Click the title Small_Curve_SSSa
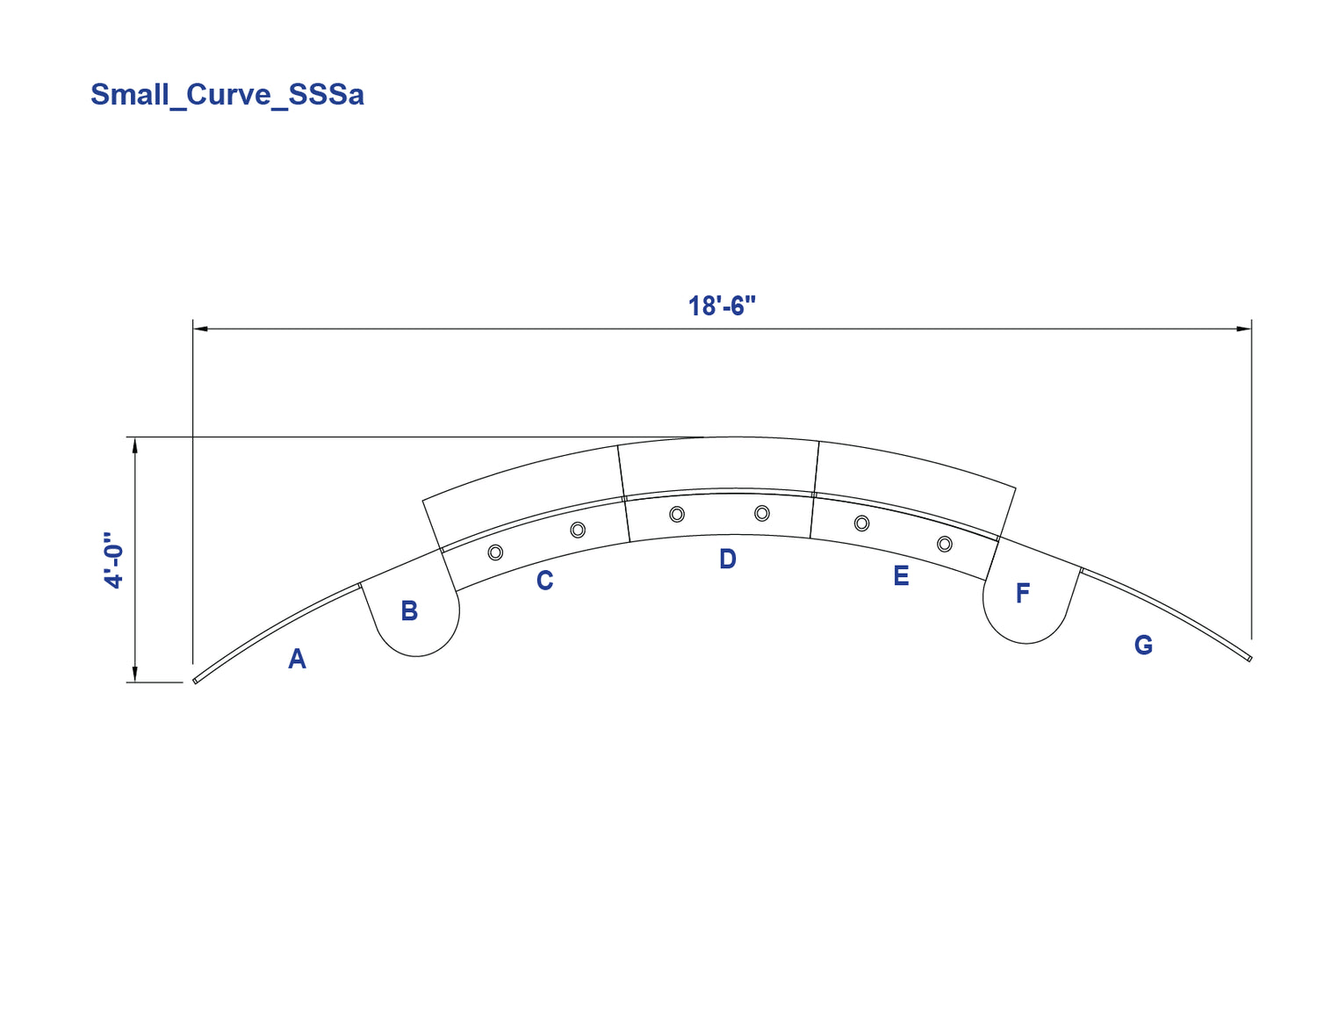(x=227, y=95)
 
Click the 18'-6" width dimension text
(x=722, y=307)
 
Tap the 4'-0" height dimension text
(x=113, y=561)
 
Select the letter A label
(x=297, y=659)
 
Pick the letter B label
(x=410, y=611)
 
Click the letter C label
(x=545, y=581)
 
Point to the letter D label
(x=728, y=559)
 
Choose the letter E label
(x=901, y=575)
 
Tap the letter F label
(x=1023, y=594)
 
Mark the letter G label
(x=1144, y=645)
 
